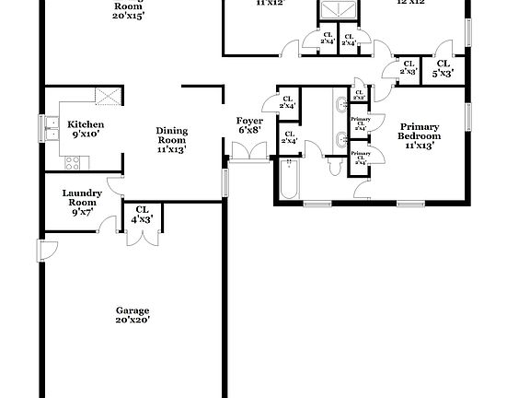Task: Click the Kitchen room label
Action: [86, 124]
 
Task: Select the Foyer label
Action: [250, 121]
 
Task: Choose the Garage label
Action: [132, 310]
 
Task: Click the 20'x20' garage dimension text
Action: [132, 320]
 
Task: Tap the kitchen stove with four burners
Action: [73, 163]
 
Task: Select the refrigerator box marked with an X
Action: [109, 96]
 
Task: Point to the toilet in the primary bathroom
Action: [332, 166]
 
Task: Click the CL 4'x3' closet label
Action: [144, 215]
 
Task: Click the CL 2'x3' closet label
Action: [408, 67]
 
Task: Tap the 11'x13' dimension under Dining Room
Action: [171, 148]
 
